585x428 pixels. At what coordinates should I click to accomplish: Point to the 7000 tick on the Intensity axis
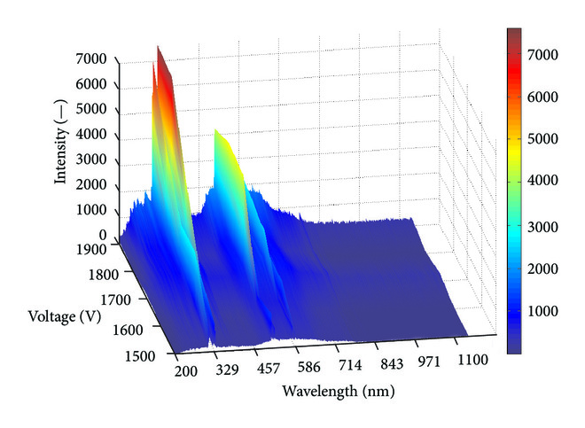[92, 59]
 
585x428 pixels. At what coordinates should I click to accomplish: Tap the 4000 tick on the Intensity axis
[92, 135]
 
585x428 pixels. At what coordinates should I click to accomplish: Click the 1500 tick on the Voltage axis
[139, 355]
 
